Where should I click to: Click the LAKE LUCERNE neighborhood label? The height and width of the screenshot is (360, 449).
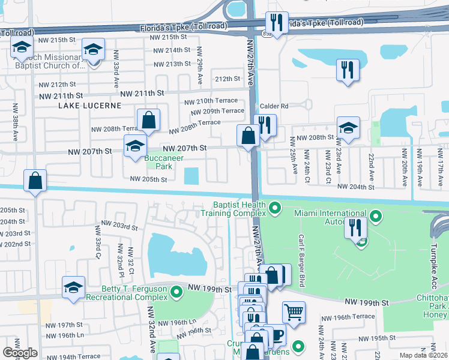pyautogui.click(x=89, y=106)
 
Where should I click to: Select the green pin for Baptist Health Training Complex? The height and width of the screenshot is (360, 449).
pyautogui.click(x=275, y=208)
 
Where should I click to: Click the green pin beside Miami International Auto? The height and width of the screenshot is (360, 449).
pyautogui.click(x=376, y=215)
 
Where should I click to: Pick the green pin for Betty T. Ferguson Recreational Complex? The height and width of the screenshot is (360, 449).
pyautogui.click(x=176, y=292)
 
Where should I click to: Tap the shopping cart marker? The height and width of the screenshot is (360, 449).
pyautogui.click(x=294, y=312)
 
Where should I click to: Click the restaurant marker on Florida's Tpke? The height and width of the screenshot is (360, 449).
pyautogui.click(x=277, y=23)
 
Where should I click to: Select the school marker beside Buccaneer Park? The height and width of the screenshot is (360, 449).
pyautogui.click(x=136, y=146)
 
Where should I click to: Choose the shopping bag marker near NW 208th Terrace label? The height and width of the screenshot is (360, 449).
pyautogui.click(x=148, y=121)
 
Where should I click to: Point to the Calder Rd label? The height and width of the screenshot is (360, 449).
pyautogui.click(x=274, y=106)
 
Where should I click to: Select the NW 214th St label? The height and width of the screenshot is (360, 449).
pyautogui.click(x=172, y=50)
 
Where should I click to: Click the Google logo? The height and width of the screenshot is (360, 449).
pyautogui.click(x=20, y=353)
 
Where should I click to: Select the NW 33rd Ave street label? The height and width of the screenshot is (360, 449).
pyautogui.click(x=114, y=71)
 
